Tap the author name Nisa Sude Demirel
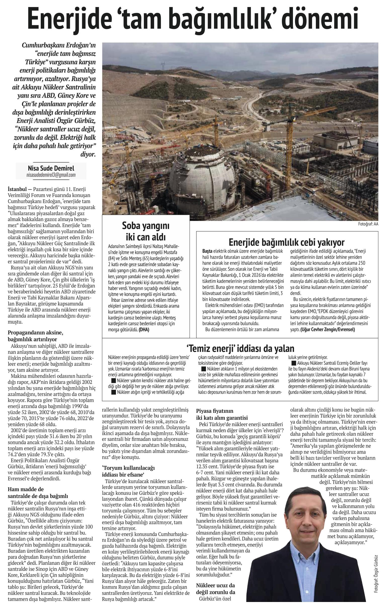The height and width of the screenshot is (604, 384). tap(51, 168)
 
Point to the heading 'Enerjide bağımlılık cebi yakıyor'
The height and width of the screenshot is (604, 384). tap(286, 242)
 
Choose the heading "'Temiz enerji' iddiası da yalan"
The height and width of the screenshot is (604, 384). tap(240, 349)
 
